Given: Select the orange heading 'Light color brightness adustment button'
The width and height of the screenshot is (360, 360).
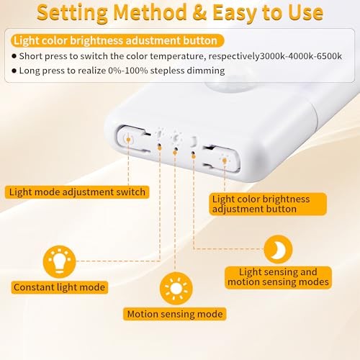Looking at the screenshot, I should pos(114,41).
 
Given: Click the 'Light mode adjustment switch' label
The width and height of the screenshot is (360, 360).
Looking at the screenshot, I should pos(77,192).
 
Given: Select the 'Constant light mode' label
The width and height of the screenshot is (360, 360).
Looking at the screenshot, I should pos(59,287).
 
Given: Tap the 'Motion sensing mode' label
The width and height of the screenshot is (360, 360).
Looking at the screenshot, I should pos(174,314).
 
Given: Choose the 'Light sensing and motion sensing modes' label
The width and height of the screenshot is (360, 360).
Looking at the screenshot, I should pos(277,277).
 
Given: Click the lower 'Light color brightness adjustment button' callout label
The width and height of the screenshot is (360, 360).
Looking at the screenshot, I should pos(261,204).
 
